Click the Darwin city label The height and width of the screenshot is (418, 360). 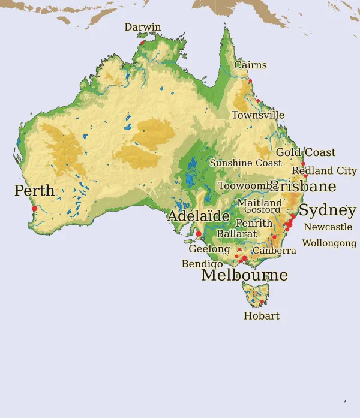click(x=143, y=28)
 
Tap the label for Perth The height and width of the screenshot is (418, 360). click(x=34, y=191)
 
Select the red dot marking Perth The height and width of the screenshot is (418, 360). click(x=35, y=209)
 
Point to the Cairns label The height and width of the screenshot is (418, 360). click(x=250, y=65)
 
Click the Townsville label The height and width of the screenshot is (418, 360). click(x=258, y=115)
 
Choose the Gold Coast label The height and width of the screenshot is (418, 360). click(x=305, y=153)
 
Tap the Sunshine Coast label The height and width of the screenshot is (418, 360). click(x=245, y=163)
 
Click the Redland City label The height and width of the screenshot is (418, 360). click(x=324, y=171)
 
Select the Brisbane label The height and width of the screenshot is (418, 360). click(x=303, y=187)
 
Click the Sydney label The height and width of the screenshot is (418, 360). click(x=327, y=211)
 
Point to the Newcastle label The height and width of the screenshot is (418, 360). click(x=328, y=227)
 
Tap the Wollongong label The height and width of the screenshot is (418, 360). click(x=329, y=243)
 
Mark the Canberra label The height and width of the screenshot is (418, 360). click(x=274, y=251)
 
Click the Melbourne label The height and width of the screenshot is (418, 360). click(x=244, y=275)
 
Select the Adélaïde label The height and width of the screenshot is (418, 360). click(x=199, y=216)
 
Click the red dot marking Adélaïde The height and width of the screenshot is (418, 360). click(x=199, y=234)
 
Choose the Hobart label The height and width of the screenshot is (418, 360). click(x=262, y=316)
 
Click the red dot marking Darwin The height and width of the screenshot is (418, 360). click(x=142, y=43)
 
